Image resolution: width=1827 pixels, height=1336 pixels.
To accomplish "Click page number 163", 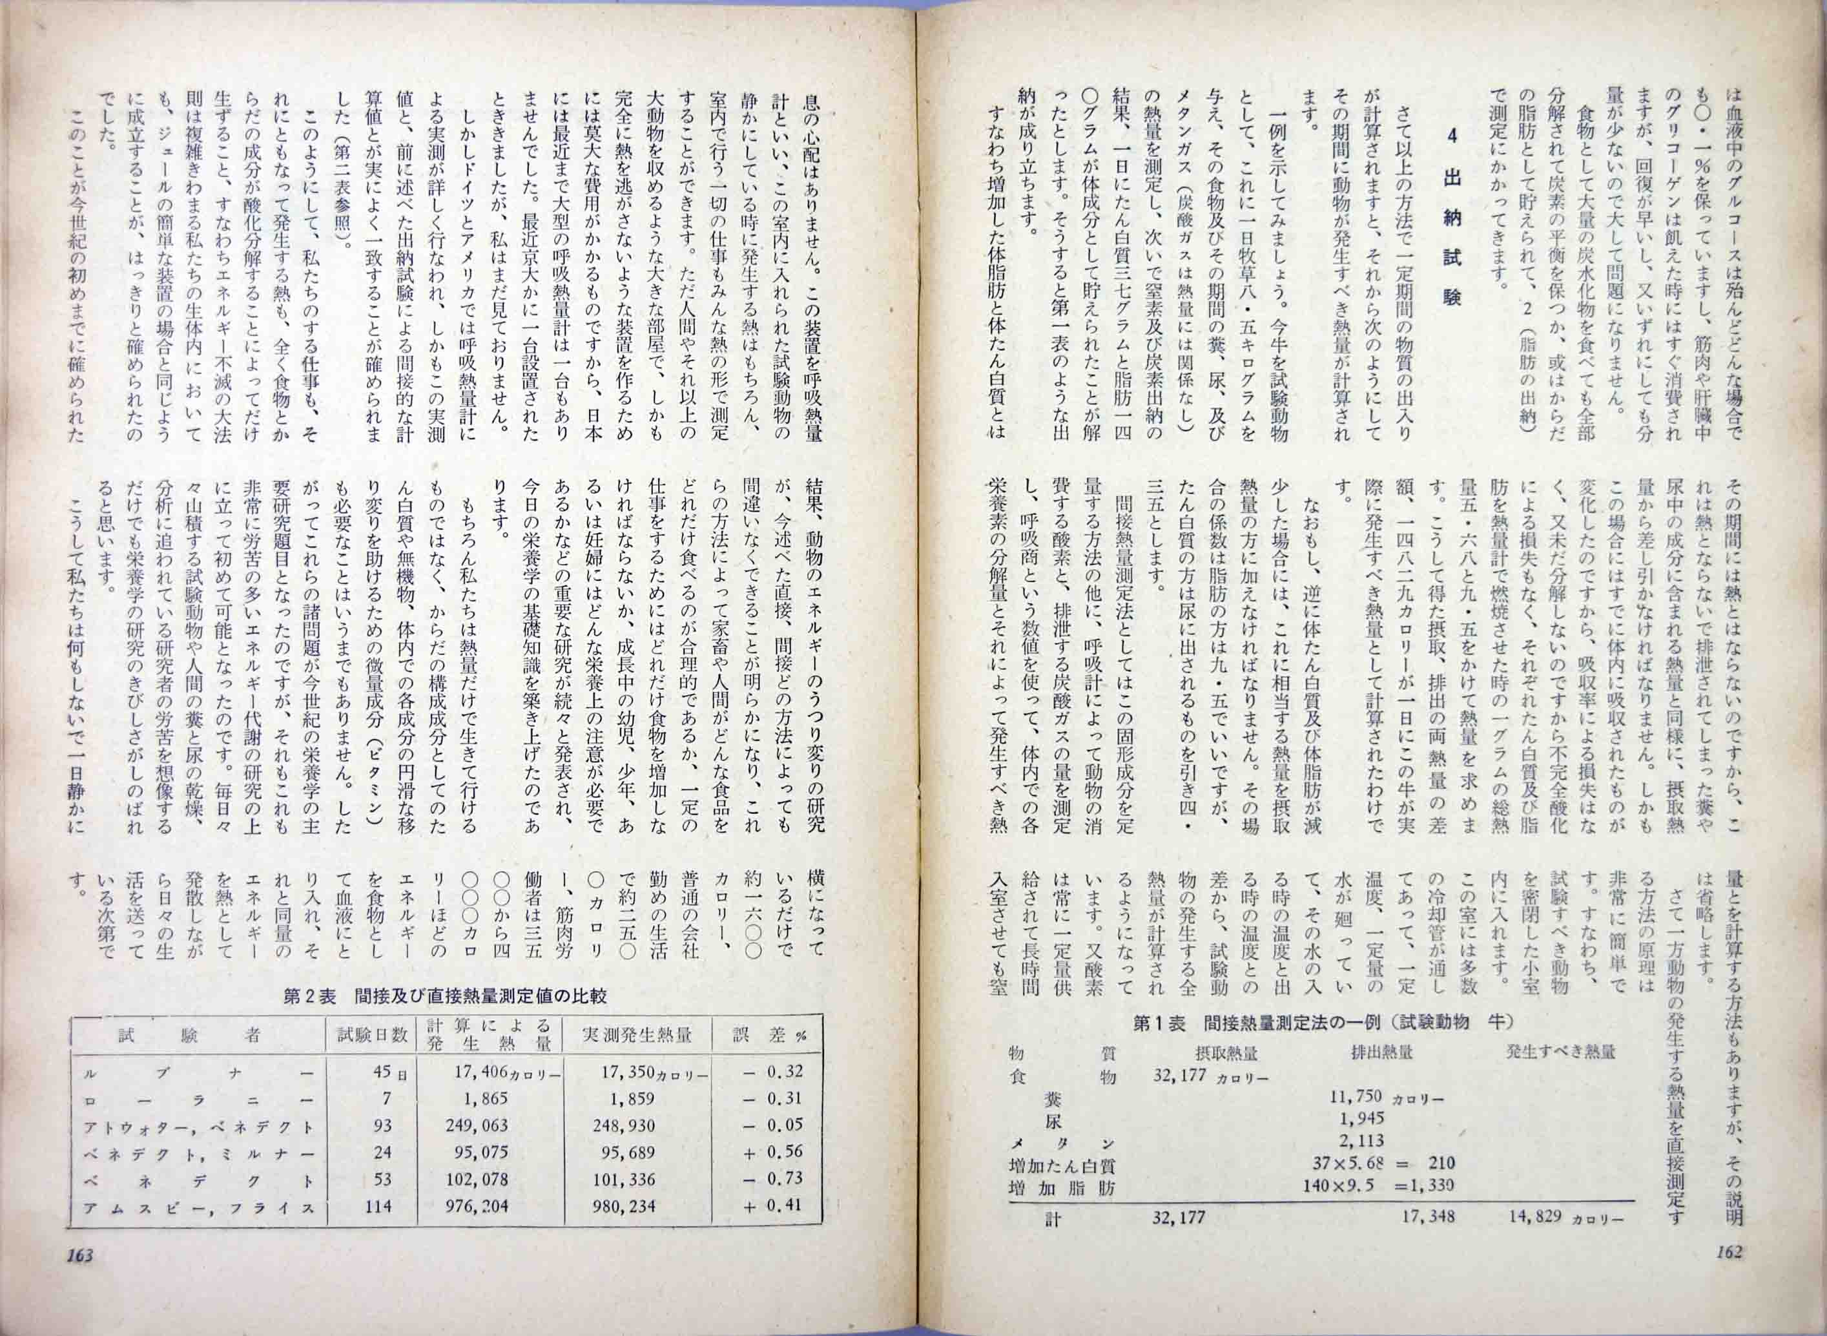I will (x=81, y=1278).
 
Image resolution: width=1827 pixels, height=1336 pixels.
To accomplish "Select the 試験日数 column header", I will (x=371, y=1035).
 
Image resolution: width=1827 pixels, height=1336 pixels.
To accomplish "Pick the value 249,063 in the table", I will (x=478, y=1125).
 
